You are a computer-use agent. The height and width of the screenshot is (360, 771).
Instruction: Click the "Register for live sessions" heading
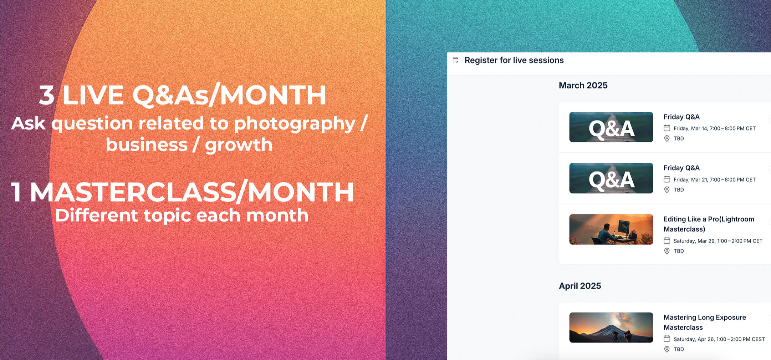514,60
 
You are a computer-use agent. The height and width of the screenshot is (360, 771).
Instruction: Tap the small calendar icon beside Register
456,60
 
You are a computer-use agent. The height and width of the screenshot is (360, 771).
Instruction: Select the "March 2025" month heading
583,85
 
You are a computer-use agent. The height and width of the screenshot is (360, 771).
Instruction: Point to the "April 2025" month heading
580,286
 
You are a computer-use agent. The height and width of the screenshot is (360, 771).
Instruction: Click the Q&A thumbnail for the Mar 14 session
611,127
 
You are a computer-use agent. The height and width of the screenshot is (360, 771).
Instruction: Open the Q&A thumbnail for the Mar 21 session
611,178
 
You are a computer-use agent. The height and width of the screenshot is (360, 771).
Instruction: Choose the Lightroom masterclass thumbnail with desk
611,229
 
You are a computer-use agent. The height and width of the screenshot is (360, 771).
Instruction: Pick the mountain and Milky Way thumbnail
611,328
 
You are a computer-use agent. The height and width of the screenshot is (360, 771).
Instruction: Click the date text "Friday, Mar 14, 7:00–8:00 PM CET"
715,128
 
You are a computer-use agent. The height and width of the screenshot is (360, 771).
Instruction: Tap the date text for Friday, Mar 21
715,179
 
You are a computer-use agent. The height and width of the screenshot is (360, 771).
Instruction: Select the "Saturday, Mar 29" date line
718,241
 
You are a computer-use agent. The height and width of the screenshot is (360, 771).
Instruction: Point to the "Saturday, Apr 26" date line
719,339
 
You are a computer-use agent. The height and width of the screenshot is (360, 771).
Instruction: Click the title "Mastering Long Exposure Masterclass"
705,322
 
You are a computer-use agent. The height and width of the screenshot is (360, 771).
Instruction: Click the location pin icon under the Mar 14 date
667,138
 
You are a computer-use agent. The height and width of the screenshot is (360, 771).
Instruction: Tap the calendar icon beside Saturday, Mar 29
667,240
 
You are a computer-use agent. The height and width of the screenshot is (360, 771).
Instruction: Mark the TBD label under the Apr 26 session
679,349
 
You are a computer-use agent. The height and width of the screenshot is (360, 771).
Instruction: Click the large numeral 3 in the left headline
47,95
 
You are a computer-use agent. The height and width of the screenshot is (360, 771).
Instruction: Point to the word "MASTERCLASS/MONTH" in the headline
192,192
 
